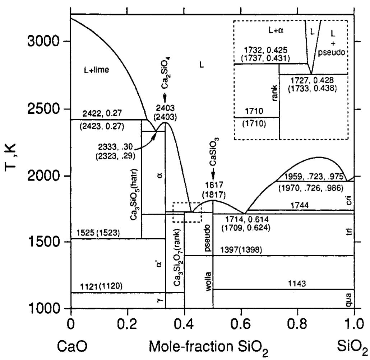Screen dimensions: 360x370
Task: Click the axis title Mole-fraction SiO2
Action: [208, 347]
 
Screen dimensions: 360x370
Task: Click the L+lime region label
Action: [96, 70]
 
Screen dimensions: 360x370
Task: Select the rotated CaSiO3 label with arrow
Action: [214, 155]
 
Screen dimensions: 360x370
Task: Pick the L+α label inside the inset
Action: [276, 31]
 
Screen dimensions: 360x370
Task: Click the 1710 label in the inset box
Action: [256, 111]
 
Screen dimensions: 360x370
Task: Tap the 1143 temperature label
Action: [297, 284]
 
